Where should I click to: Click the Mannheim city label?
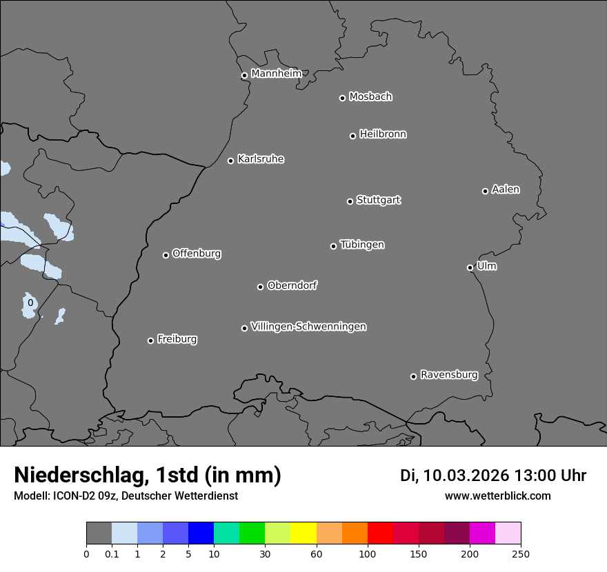[x=276, y=74]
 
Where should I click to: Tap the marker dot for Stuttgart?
[x=350, y=201]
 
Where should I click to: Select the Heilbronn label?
[x=383, y=134]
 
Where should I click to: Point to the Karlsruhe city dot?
[x=230, y=161]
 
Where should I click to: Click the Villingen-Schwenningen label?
[x=308, y=327]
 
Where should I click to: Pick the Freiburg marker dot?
[x=150, y=340]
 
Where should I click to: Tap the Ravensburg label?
[x=449, y=375]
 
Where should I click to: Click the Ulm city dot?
[x=470, y=267]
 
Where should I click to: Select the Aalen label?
[x=506, y=190]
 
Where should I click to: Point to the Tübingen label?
[x=362, y=245]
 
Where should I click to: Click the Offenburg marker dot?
[x=166, y=255]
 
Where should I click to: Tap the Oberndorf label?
[x=292, y=285]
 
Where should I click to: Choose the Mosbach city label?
[x=370, y=97]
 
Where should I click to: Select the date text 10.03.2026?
[x=466, y=476]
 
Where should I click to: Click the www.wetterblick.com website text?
[x=497, y=496]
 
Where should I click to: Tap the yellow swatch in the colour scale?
[x=303, y=533]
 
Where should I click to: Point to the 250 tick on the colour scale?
[x=521, y=553]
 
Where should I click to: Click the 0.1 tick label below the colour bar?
[x=112, y=553]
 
